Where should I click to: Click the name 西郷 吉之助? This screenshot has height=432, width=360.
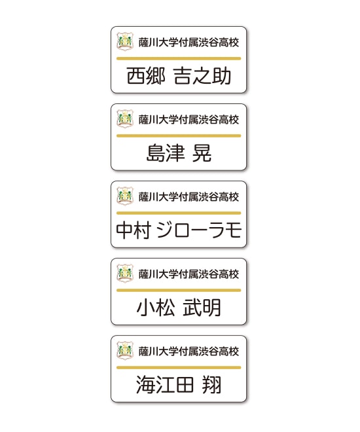(x=179, y=76)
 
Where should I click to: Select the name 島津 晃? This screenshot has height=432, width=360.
(x=179, y=153)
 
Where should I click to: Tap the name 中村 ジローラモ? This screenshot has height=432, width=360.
(x=179, y=230)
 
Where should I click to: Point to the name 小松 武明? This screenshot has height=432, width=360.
(x=179, y=308)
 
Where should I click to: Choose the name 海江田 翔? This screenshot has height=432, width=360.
(x=179, y=385)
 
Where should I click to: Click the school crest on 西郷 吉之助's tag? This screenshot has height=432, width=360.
(x=125, y=41)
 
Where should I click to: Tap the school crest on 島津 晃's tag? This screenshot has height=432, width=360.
(x=125, y=118)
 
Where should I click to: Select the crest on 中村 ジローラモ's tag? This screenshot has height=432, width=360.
(x=125, y=196)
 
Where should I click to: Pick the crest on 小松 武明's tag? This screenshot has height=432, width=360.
(x=125, y=273)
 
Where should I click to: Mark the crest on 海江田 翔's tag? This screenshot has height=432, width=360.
(x=125, y=350)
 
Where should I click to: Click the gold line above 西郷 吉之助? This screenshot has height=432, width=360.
(x=179, y=58)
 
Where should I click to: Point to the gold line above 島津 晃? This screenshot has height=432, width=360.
(x=179, y=136)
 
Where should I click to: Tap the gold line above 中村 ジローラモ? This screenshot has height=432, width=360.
(x=179, y=213)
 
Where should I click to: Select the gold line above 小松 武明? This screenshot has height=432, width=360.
(x=179, y=290)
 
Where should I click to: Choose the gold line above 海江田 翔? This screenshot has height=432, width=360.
(x=179, y=368)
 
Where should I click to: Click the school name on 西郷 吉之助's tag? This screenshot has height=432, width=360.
(x=189, y=43)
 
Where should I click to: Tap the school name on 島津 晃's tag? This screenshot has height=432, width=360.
(x=189, y=120)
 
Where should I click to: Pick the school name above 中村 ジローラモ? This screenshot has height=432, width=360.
(x=189, y=197)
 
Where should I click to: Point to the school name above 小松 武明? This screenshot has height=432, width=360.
(x=189, y=274)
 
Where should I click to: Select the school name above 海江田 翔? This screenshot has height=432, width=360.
(x=189, y=351)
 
